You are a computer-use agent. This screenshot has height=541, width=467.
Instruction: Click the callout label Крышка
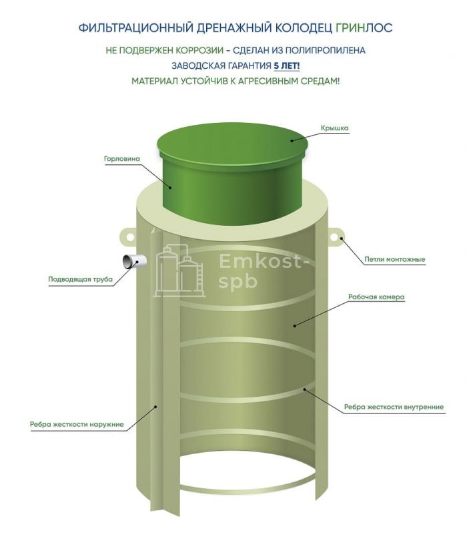tap(334, 128)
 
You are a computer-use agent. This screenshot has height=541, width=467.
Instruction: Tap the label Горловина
tap(122, 159)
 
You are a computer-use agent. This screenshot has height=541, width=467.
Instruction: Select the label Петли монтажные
tap(395, 259)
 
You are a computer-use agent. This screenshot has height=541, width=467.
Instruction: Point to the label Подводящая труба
tap(80, 279)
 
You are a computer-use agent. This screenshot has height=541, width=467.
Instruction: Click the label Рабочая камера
tap(376, 297)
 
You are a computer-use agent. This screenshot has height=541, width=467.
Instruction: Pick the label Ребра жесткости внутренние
tap(394, 407)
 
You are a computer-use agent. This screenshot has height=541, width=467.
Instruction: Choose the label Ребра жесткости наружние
tap(77, 424)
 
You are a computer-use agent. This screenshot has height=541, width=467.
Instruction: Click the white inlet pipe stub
tap(134, 262)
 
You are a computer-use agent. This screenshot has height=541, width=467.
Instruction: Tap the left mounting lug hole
tap(130, 236)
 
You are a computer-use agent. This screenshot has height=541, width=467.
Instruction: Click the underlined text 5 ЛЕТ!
tap(287, 65)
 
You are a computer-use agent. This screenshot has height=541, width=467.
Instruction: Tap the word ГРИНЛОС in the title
tap(364, 27)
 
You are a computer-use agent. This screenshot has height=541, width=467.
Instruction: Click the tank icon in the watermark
tap(179, 270)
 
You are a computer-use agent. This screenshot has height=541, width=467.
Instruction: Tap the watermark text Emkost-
tap(264, 262)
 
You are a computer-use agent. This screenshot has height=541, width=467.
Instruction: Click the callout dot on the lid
tap(292, 140)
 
